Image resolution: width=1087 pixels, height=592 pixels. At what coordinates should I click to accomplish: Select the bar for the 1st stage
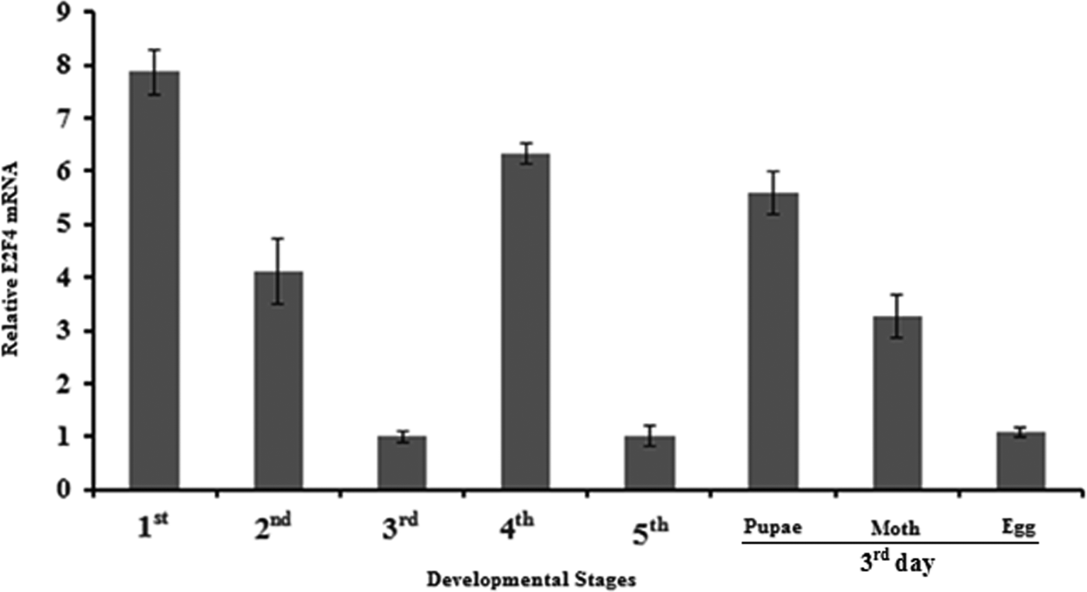click(155, 279)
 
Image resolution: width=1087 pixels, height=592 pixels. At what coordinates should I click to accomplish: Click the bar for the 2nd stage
click(278, 380)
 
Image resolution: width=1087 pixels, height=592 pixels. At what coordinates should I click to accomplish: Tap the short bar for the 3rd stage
click(402, 463)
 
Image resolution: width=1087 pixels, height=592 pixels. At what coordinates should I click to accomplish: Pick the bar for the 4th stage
click(526, 321)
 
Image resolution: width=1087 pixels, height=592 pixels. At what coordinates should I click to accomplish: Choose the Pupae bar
click(773, 341)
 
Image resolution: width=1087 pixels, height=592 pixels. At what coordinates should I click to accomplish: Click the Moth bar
click(898, 403)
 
